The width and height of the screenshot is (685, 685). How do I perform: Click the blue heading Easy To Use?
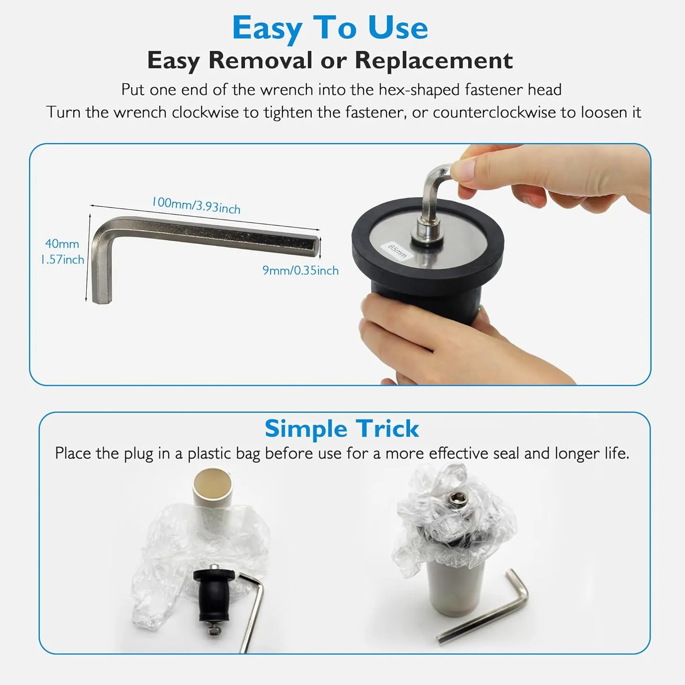click(330, 28)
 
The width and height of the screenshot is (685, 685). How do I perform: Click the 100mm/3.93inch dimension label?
click(196, 205)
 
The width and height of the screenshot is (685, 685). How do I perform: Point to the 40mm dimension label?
click(62, 244)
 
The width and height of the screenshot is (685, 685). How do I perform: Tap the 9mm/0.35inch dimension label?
click(300, 270)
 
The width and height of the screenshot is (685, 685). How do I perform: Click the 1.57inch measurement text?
click(62, 259)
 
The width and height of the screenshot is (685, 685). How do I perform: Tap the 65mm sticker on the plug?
click(397, 251)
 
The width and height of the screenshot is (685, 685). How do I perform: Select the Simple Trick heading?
click(342, 429)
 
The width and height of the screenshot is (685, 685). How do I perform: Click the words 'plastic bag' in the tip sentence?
click(224, 453)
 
